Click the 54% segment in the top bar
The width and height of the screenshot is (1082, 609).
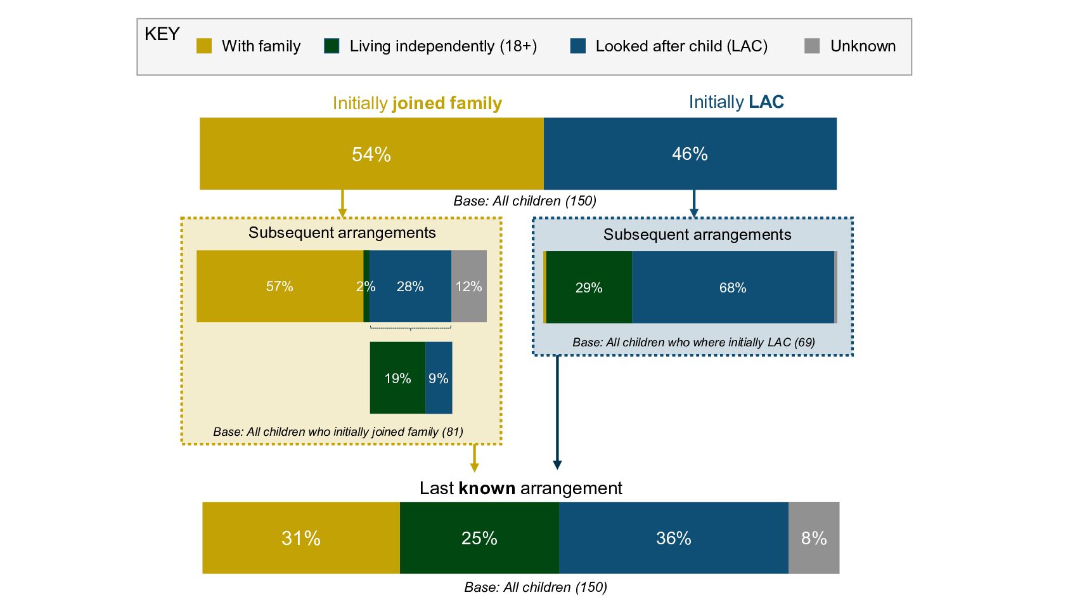[371, 154]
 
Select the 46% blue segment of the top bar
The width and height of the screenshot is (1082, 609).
[690, 154]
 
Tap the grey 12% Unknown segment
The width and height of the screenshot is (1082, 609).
[469, 286]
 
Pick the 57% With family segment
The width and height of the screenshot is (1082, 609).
[280, 286]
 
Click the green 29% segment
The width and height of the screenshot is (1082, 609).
[589, 287]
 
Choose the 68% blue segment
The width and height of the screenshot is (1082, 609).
[733, 287]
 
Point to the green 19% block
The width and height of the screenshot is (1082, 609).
[397, 378]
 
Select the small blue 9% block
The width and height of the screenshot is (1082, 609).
[439, 378]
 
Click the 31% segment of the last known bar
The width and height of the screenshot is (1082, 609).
[301, 538]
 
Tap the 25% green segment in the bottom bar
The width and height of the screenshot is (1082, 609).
[479, 538]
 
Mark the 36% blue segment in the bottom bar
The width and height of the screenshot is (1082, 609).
[673, 538]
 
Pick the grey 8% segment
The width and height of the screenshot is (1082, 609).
[814, 538]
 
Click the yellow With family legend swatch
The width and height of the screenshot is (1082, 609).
[204, 46]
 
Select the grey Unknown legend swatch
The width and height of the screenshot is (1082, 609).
[812, 46]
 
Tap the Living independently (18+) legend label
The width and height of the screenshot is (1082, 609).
[443, 46]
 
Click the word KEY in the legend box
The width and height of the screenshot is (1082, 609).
[162, 34]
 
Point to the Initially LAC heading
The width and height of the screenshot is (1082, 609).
[736, 102]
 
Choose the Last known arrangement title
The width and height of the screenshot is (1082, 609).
[520, 488]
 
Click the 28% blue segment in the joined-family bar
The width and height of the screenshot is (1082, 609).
[410, 286]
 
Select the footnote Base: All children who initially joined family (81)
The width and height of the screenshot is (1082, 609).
[338, 431]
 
